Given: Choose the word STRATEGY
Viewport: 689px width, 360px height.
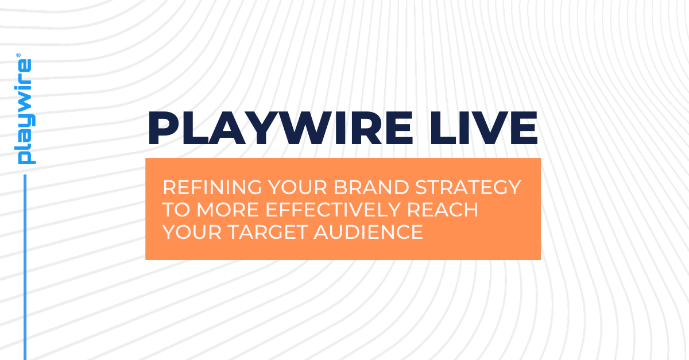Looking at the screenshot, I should (x=473, y=187).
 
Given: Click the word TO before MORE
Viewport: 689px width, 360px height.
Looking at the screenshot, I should (x=176, y=210).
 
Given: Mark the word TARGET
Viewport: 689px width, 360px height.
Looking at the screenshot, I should (x=270, y=232).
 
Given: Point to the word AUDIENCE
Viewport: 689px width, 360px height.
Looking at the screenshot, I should (x=367, y=232).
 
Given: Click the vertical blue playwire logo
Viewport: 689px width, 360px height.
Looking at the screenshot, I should (x=25, y=112).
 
